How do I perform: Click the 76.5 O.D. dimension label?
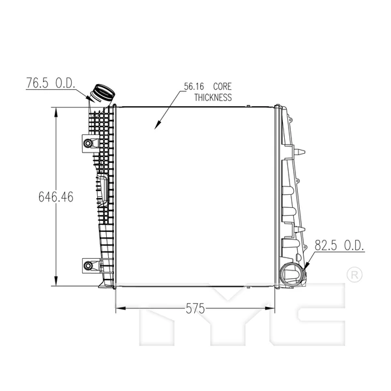coord(51,83)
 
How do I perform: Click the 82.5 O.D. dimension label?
coord(339,246)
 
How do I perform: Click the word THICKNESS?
coord(213,98)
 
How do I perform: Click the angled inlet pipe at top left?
coord(102,93)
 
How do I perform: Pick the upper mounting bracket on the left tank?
coord(89,143)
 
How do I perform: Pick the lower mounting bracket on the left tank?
coord(89,265)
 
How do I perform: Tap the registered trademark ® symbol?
coord(353,274)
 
